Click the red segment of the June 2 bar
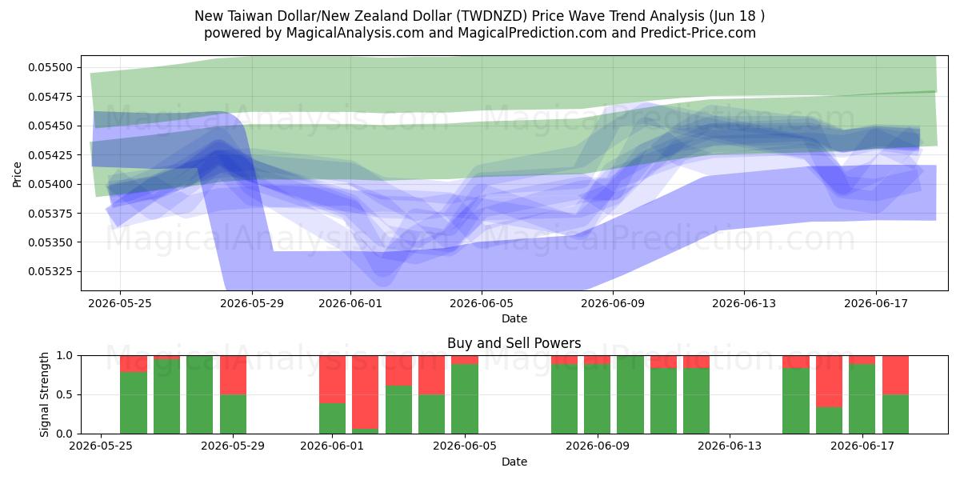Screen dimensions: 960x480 [x=365, y=392]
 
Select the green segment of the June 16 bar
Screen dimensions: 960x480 [x=829, y=421]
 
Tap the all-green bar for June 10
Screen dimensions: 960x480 [x=630, y=394]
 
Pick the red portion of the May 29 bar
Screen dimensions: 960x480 [x=233, y=375]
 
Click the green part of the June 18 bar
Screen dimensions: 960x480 [x=895, y=414]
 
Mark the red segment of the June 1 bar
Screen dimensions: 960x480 [x=332, y=379]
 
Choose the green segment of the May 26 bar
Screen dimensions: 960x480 [x=134, y=403]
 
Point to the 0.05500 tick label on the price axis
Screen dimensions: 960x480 [x=50, y=67]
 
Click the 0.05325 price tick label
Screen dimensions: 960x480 [x=50, y=271]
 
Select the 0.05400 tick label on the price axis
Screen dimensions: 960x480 [x=50, y=184]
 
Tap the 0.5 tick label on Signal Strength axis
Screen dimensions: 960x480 [x=65, y=394]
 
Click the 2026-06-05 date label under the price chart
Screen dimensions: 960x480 [x=482, y=303]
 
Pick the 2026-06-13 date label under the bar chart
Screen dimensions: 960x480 [x=730, y=446]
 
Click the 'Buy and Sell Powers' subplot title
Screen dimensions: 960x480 [x=514, y=343]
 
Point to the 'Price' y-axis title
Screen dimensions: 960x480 [x=17, y=174]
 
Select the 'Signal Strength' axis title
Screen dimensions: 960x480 [x=44, y=394]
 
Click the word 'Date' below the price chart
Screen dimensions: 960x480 [x=514, y=318]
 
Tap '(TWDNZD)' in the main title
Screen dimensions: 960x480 [x=491, y=16]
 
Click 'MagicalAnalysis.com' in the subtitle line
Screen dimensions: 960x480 [x=355, y=33]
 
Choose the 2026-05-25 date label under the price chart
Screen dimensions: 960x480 [x=120, y=303]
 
